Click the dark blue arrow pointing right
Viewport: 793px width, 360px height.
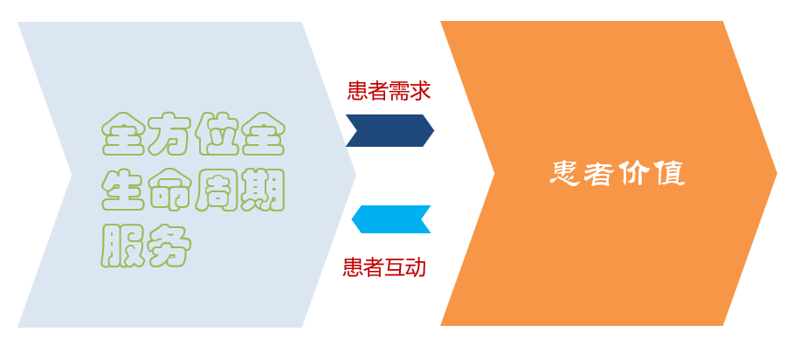[x=390, y=131]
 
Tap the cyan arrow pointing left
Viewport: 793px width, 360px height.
[x=391, y=219]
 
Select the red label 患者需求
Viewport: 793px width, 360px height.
[x=389, y=91]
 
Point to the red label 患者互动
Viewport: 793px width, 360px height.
[x=384, y=267]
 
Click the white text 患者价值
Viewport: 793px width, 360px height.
[x=617, y=174]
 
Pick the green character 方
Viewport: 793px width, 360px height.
[x=169, y=134]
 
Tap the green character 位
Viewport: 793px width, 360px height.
[x=217, y=134]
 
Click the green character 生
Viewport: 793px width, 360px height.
[x=123, y=190]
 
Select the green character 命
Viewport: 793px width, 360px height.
[x=169, y=190]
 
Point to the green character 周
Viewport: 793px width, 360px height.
[x=217, y=190]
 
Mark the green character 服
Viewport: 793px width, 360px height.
[x=123, y=246]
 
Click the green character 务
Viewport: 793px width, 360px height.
[x=169, y=246]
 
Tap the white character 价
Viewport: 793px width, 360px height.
[x=635, y=174]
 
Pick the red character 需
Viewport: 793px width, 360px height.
[x=399, y=91]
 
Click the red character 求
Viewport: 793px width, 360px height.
[x=420, y=91]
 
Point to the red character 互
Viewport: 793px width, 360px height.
[x=395, y=267]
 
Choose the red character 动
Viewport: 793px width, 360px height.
[x=416, y=267]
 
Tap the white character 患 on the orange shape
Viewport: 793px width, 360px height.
[x=565, y=174]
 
